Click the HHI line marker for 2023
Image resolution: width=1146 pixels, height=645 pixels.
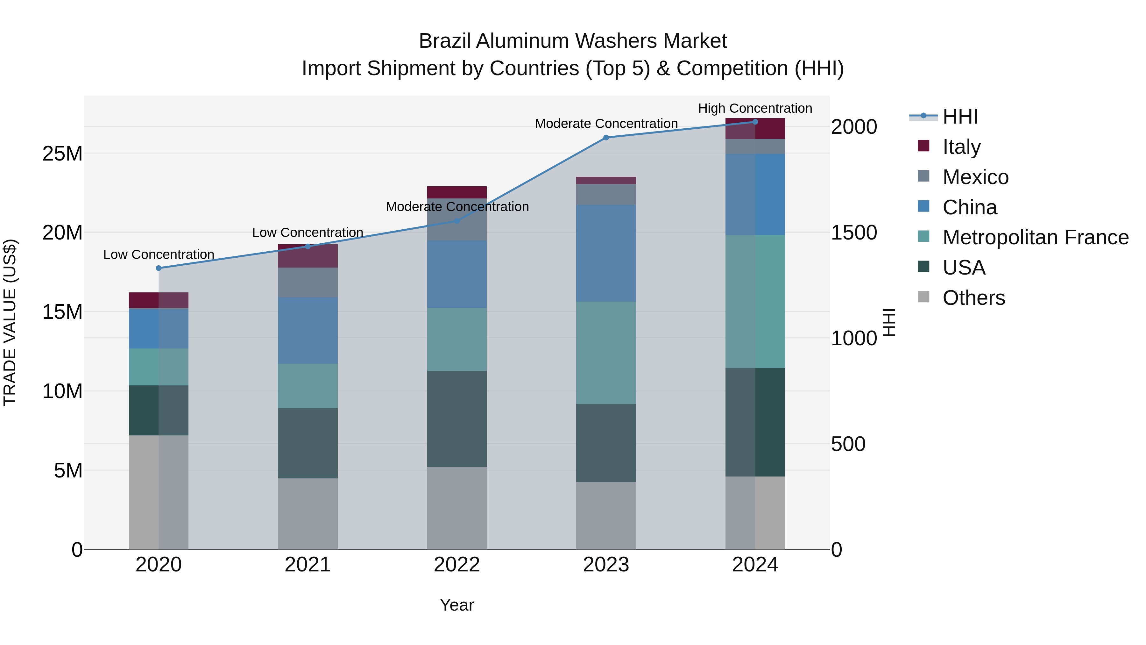pos(606,138)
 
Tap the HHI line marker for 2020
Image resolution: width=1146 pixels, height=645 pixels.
pos(159,268)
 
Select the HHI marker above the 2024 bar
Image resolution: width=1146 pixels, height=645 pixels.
pos(755,122)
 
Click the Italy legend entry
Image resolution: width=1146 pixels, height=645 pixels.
pos(961,147)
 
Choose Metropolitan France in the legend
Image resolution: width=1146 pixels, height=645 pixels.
pos(1035,237)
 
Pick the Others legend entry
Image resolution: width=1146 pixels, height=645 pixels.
pos(973,298)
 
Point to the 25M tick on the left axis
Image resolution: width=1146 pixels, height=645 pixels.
pos(62,154)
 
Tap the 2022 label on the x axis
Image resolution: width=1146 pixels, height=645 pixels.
pos(457,565)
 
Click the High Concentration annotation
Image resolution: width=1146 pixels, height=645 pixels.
pos(755,108)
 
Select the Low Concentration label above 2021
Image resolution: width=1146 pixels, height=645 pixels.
pos(308,233)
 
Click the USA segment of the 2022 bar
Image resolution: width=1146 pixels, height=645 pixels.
pos(457,419)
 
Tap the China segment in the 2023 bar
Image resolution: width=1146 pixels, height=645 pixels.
pos(606,253)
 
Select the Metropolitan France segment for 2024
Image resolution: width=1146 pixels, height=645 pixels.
pos(755,301)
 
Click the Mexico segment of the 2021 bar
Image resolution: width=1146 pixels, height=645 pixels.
pos(308,282)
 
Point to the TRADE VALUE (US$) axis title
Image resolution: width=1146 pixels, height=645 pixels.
pos(10,322)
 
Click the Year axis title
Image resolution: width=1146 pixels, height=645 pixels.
pos(457,605)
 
